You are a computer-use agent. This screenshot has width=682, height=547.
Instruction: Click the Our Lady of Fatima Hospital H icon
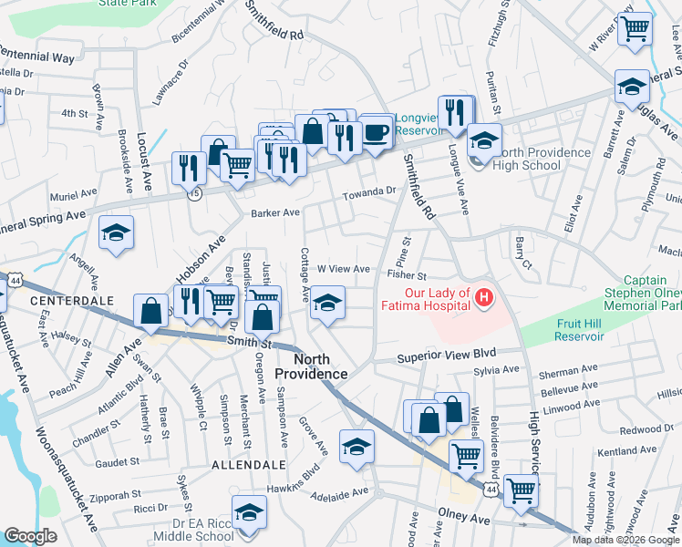coord(484,298)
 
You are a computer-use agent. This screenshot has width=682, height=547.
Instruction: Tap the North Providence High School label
coord(526,159)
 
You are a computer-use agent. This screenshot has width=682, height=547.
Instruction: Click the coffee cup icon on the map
coord(377,131)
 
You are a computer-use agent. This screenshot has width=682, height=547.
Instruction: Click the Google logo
coord(30,536)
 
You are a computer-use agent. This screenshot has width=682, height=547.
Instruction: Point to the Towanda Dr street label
coord(371,193)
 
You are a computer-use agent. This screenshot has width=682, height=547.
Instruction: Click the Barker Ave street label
coord(275,212)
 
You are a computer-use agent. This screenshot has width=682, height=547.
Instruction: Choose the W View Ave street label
coord(343,269)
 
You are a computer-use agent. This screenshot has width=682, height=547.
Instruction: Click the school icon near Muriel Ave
coord(116,233)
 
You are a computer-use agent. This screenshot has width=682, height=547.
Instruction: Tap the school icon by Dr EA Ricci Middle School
coord(248,512)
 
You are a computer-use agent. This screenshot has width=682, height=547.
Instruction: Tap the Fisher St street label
coord(407,274)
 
